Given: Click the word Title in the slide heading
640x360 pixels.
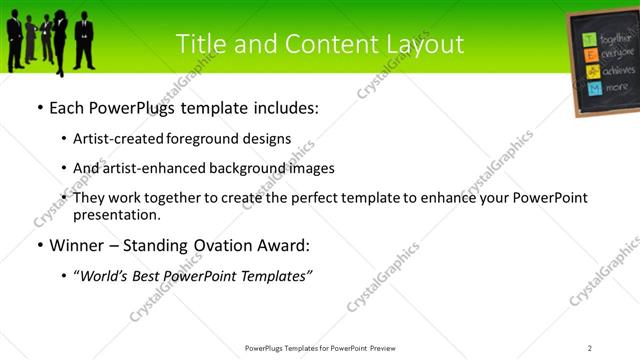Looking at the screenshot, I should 200,44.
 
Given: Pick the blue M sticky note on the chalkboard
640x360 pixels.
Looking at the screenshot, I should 594,88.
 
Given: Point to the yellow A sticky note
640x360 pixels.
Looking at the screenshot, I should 592,72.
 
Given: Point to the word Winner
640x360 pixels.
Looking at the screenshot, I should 76,244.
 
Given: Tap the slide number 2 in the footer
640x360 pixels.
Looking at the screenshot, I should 590,348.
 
